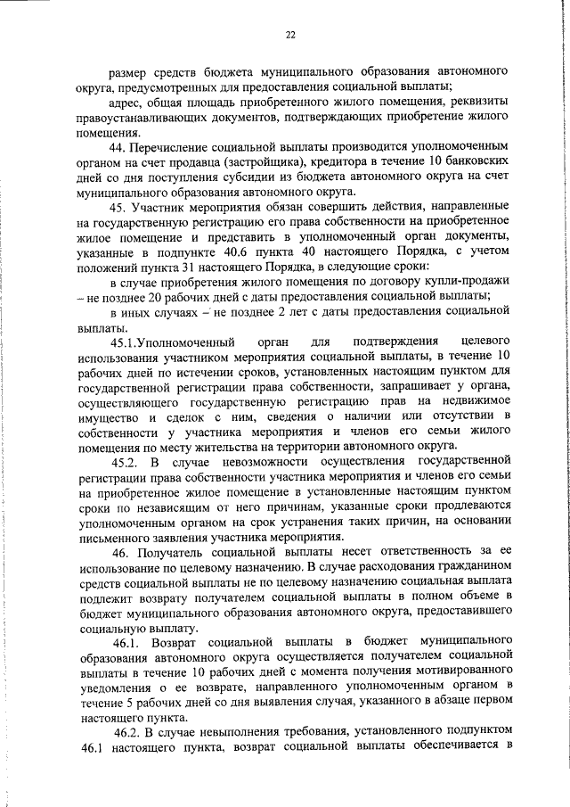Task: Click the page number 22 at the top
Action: pyautogui.click(x=289, y=35)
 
